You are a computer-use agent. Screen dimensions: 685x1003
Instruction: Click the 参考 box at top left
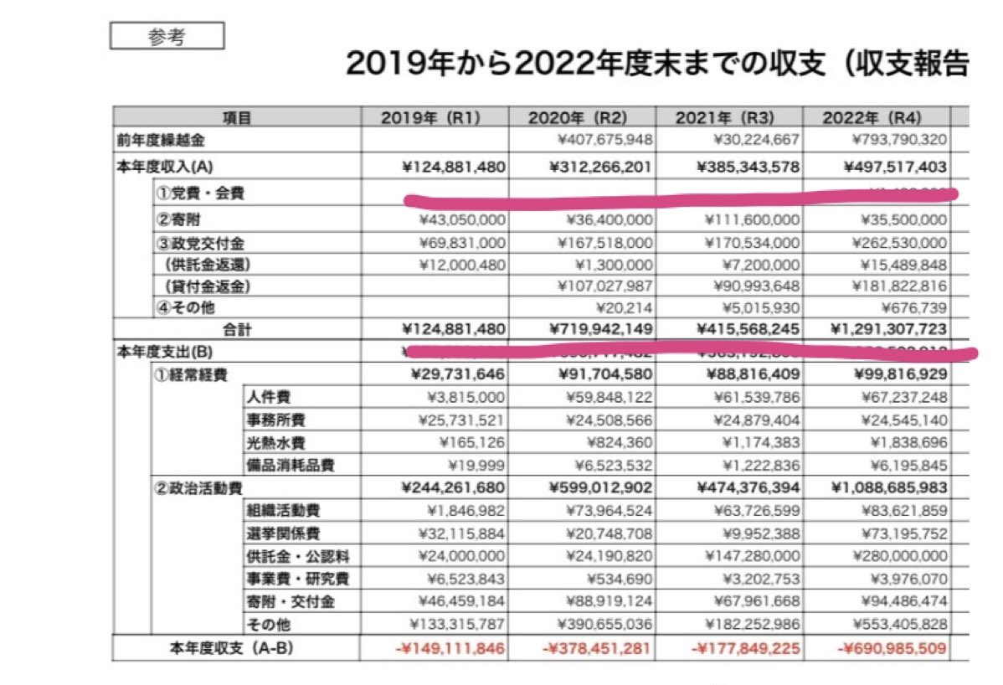[167, 37]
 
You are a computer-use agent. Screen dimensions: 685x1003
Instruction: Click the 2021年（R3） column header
[728, 117]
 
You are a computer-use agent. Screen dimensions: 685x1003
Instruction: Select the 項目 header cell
[237, 118]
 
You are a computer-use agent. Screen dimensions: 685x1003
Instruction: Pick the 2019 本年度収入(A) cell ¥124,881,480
[455, 167]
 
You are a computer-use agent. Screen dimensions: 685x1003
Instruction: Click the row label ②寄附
[177, 220]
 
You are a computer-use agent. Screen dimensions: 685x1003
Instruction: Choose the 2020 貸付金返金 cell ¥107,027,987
[609, 286]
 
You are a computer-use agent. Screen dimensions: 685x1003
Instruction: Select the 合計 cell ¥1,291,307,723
[889, 330]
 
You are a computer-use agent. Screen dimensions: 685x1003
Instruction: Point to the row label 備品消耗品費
[284, 465]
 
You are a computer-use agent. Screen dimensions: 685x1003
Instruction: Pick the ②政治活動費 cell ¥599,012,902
[600, 487]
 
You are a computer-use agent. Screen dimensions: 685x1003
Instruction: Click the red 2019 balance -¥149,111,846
[452, 647]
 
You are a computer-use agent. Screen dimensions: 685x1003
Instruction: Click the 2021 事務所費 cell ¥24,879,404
[751, 420]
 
